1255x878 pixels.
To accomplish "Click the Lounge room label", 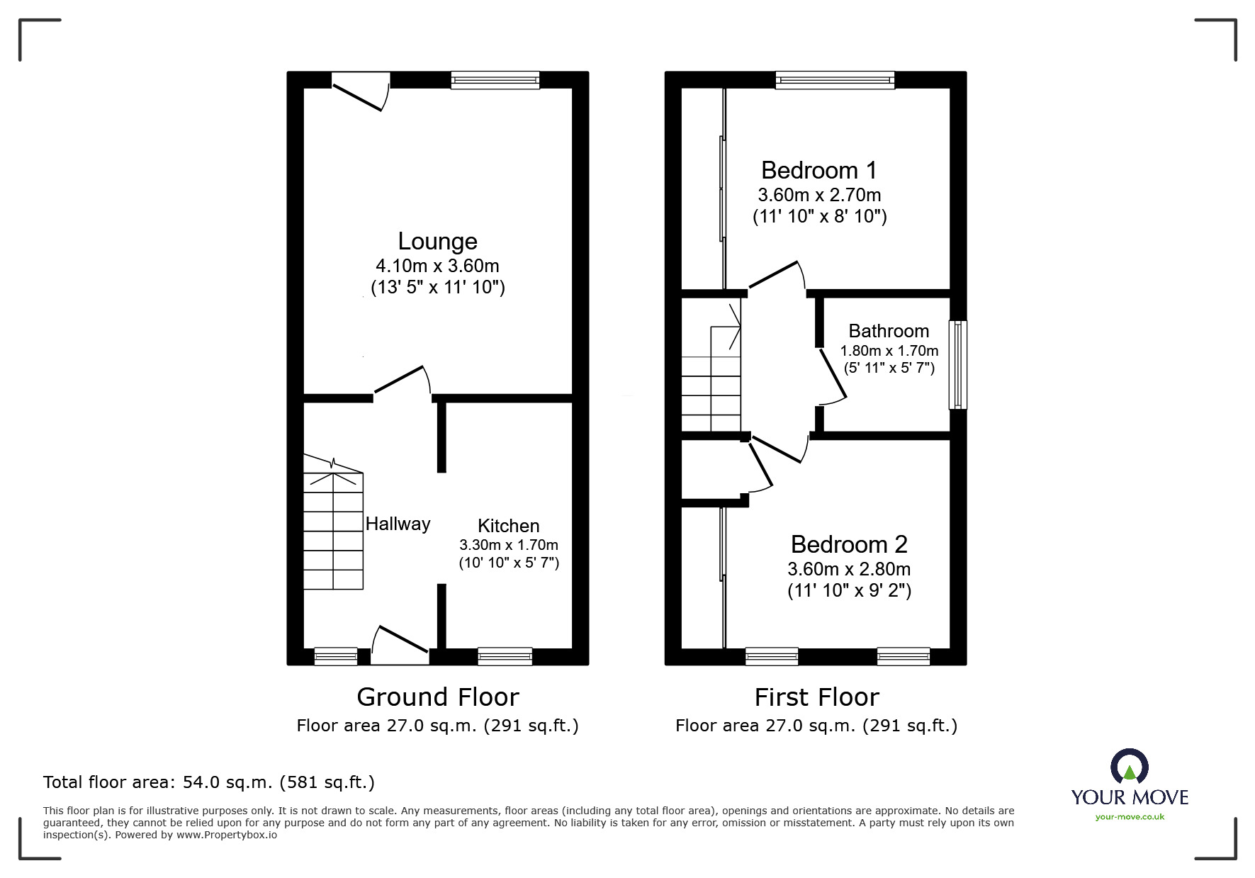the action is pos(437,242).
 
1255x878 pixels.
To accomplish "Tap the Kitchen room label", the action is pos(509,526).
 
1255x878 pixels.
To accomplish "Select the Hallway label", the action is pos(398,524).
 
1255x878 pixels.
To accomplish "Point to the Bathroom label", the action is pos(889,331).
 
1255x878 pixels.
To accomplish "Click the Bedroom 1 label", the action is pos(819,170).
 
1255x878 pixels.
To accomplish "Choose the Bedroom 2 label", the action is pos(849,544).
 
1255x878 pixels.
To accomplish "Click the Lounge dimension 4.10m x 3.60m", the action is pos(437,266).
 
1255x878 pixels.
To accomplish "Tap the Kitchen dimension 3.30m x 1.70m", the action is pos(509,545).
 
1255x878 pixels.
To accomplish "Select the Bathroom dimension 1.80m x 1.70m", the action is pos(889,351).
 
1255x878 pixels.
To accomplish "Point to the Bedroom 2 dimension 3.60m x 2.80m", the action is pos(849,569).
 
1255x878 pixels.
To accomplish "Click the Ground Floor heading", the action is pos(438,697).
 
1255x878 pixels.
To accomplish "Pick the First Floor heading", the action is pos(816,697).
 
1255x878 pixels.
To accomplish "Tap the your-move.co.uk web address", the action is pos(1130,817).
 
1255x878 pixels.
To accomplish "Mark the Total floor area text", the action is pos(209,782).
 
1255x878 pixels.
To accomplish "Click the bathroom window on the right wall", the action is pos(958,364).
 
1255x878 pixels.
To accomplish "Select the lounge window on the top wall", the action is pos(495,80).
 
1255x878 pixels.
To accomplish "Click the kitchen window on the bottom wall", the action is pos(505,657).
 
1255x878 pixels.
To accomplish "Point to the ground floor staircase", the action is pos(333,522).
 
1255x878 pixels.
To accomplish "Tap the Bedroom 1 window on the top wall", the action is pos(835,80).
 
